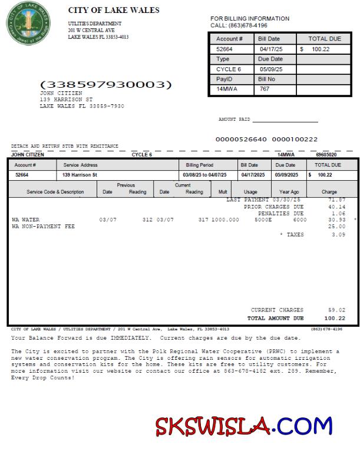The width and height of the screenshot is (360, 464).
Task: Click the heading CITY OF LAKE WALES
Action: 114,10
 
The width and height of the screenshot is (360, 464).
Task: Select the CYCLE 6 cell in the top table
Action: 229,69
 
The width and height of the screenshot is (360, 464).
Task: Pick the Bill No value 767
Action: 265,89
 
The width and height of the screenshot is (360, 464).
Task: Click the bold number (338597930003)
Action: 106,85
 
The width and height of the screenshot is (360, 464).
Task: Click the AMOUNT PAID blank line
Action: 285,120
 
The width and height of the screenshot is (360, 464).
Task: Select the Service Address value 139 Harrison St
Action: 80,175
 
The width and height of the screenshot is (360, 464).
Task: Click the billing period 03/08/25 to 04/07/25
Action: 204,175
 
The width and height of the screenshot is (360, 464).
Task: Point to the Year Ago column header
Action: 289,192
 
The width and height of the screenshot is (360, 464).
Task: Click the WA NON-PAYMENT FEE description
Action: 43,226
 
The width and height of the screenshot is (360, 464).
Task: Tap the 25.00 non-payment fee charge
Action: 336,226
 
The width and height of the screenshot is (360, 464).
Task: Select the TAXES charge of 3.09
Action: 336,234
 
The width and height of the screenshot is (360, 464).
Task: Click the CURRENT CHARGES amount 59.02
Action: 336,310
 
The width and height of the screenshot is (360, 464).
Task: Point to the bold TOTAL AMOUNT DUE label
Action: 275,318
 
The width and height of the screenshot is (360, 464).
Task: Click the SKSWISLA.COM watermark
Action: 244,425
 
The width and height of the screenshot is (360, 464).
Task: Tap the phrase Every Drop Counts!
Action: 42,377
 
